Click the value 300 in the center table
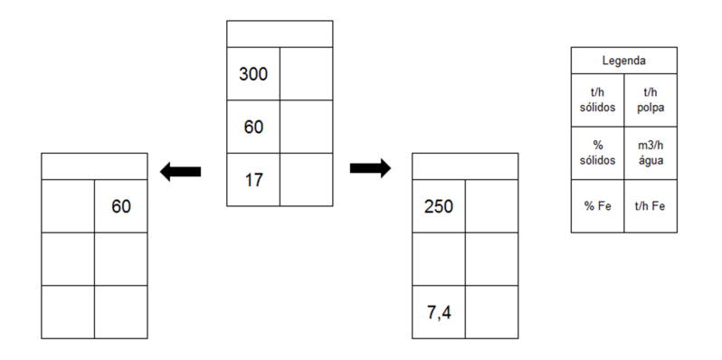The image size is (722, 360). click(x=253, y=74)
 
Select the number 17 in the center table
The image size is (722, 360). click(x=253, y=180)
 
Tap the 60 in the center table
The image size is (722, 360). click(x=253, y=127)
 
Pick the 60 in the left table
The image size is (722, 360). click(x=121, y=207)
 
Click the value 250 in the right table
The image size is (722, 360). click(x=439, y=207)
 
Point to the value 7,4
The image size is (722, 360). click(x=439, y=313)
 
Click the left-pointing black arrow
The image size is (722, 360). click(x=180, y=172)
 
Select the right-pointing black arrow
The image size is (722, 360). click(x=371, y=168)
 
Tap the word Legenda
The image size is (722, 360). click(x=624, y=61)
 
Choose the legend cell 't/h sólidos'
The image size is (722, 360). click(x=598, y=100)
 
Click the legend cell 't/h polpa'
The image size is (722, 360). click(x=651, y=100)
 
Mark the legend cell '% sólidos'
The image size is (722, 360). click(x=598, y=153)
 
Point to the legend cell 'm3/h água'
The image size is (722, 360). click(x=651, y=153)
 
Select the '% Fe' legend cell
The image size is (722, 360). click(x=598, y=206)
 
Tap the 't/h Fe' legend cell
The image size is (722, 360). click(x=651, y=206)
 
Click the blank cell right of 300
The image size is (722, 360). click(x=306, y=73)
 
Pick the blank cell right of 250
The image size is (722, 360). click(x=492, y=206)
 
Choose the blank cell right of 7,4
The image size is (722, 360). click(x=492, y=312)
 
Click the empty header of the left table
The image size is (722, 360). click(x=94, y=166)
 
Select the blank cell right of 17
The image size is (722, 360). click(x=306, y=179)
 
